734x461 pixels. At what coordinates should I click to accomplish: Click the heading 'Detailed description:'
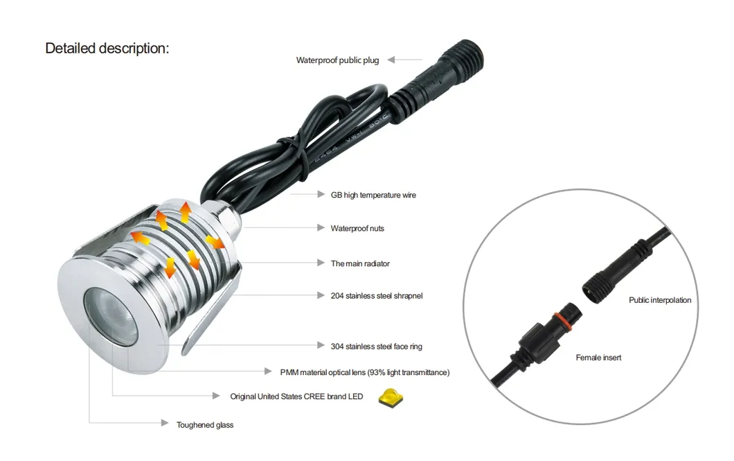point(107,49)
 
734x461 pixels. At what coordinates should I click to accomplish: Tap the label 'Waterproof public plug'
point(337,60)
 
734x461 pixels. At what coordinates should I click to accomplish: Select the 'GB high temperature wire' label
point(373,195)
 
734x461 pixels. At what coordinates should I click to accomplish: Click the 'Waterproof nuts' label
point(357,228)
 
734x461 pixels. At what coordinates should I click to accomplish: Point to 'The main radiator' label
point(360,263)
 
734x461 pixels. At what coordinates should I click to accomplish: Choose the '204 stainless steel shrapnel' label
point(377,295)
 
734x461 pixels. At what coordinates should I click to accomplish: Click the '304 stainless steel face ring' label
point(377,346)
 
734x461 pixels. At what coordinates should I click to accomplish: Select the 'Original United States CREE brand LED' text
point(296,397)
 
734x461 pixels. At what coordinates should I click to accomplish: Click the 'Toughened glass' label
point(204,425)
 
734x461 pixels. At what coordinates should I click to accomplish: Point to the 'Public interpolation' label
point(660,300)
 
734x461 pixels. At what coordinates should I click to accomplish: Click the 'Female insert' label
point(598,358)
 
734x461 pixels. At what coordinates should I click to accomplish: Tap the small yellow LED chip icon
point(391,397)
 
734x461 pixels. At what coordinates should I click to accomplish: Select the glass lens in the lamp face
point(111,314)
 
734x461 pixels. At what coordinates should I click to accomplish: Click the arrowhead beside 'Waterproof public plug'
point(391,60)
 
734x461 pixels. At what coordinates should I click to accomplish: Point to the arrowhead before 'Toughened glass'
point(165,423)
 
